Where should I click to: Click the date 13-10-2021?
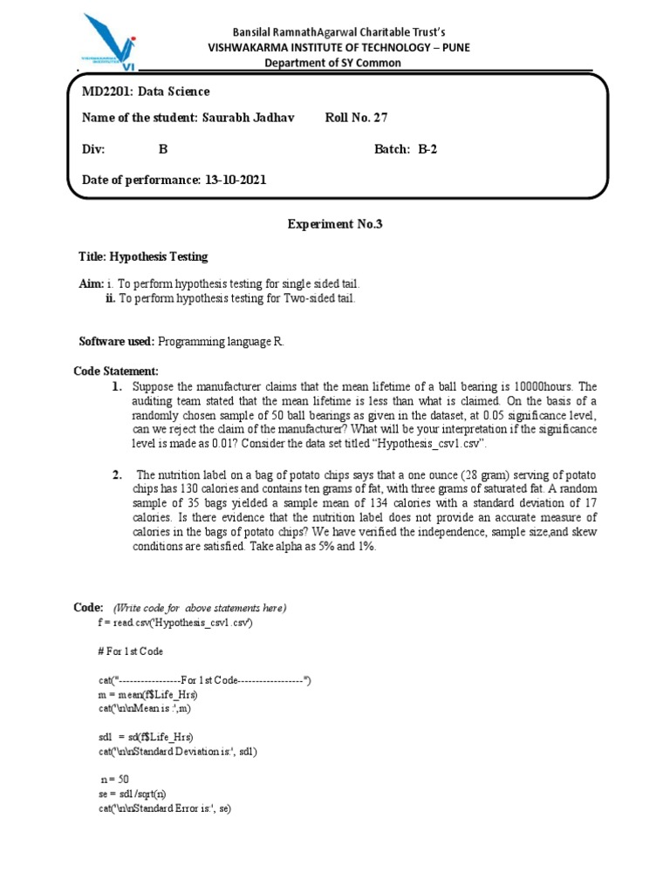(x=235, y=180)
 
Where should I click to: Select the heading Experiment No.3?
(x=335, y=224)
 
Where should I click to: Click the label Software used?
(x=116, y=341)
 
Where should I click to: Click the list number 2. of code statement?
(x=116, y=474)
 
